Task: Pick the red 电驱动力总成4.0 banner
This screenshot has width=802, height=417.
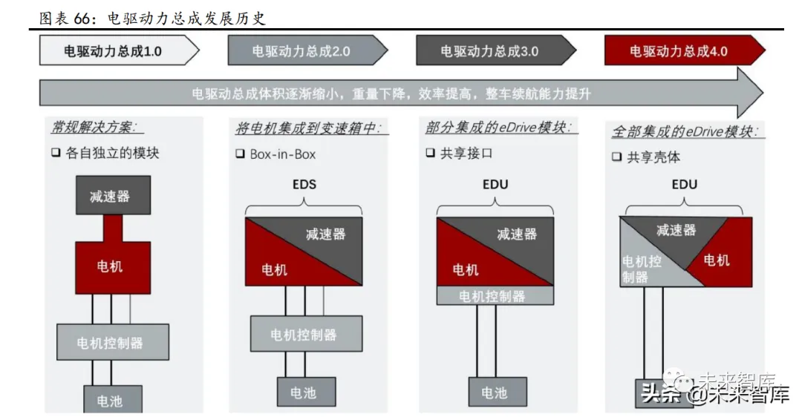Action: [x=679, y=51]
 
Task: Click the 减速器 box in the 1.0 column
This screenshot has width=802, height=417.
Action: [x=113, y=195]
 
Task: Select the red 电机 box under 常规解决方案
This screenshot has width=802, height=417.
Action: [x=113, y=266]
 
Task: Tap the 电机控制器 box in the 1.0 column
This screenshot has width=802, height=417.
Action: [x=113, y=342]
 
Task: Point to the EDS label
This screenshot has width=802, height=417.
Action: [x=304, y=184]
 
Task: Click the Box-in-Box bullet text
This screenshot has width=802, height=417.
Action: [x=282, y=154]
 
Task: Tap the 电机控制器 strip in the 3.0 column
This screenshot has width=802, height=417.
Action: [x=495, y=295]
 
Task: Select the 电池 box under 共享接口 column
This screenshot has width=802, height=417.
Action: [x=497, y=392]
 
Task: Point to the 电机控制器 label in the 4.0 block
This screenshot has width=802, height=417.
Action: [x=642, y=269]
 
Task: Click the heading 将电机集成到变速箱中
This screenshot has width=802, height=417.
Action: [x=310, y=128]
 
